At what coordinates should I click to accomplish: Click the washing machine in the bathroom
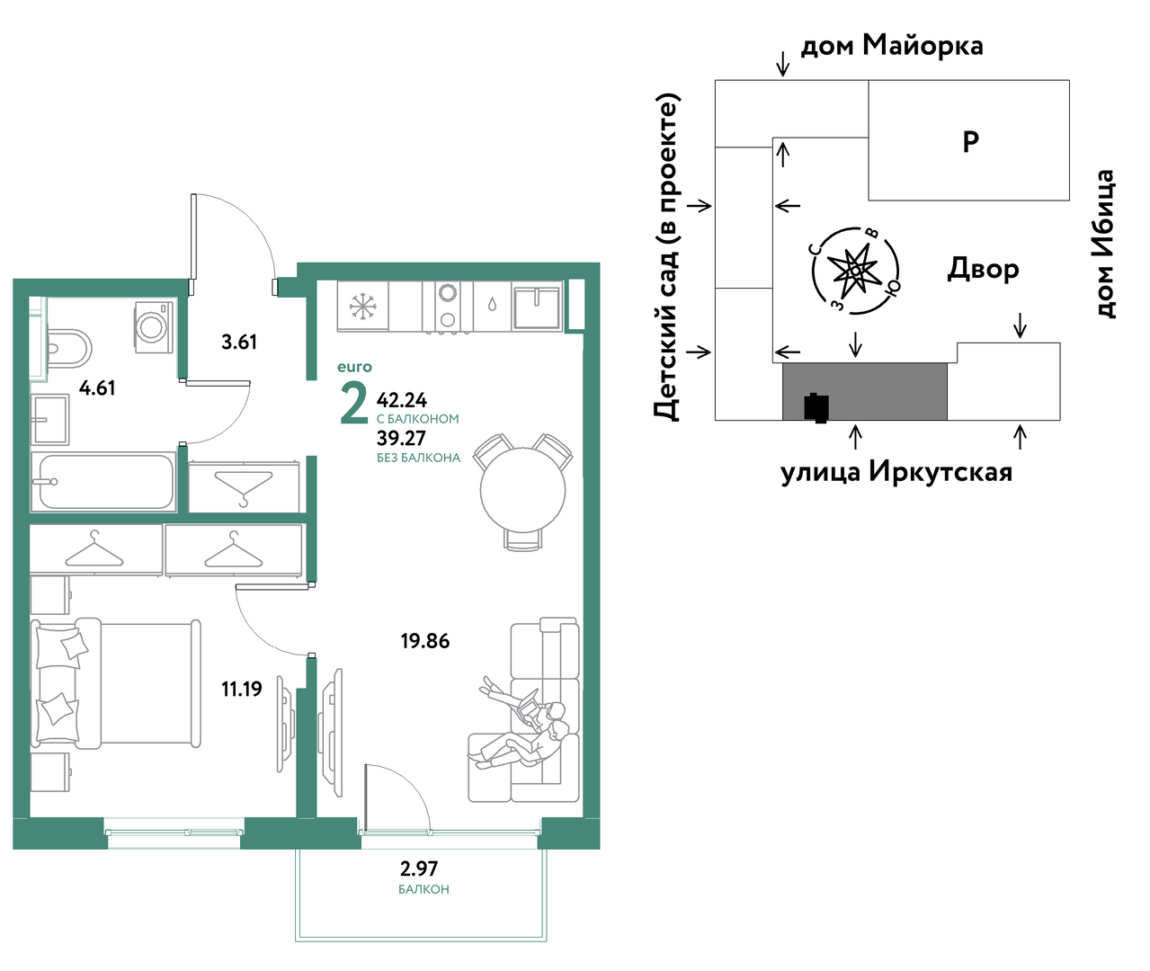tap(154, 327)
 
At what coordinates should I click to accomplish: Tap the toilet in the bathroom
tap(69, 349)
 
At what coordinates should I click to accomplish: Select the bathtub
tap(103, 481)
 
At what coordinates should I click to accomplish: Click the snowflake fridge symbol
tap(362, 307)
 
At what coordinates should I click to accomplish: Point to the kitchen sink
tap(537, 306)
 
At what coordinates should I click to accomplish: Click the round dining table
tap(522, 490)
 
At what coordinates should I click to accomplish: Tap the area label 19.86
tap(425, 641)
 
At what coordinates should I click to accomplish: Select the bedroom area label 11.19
tap(242, 689)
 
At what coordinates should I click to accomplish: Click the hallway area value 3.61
tap(239, 342)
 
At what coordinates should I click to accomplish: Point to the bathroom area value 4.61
tap(97, 388)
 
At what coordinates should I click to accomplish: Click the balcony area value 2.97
tap(419, 869)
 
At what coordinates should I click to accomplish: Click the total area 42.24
tap(402, 400)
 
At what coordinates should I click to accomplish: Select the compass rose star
tap(854, 271)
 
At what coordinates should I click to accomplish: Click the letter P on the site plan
tap(970, 141)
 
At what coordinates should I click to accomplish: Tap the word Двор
tap(983, 270)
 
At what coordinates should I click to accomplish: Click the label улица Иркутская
tap(896, 472)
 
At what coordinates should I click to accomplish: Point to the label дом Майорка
tap(892, 45)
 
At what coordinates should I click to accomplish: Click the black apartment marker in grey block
tap(816, 408)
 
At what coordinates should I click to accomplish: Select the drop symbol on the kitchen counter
tap(492, 305)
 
